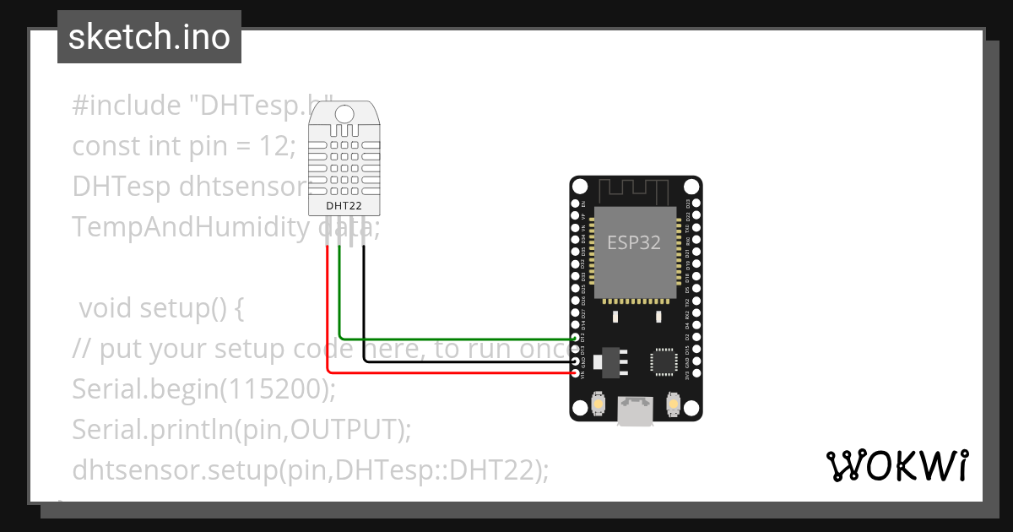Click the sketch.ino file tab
click(x=149, y=37)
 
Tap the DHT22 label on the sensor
click(x=344, y=205)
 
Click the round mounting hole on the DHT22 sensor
click(x=344, y=114)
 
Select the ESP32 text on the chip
click(x=634, y=242)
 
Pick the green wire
click(x=456, y=339)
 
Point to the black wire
click(x=464, y=361)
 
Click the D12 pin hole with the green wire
click(x=576, y=339)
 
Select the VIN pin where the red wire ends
click(x=576, y=372)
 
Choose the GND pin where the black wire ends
click(x=576, y=361)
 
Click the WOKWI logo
click(x=897, y=465)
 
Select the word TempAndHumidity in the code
click(x=191, y=227)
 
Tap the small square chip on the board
click(x=663, y=361)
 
